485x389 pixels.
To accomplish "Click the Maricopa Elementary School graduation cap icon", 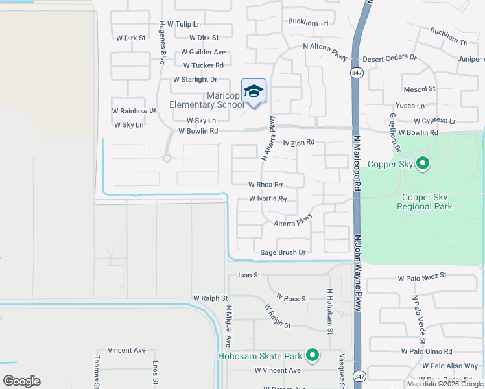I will pos(254,91).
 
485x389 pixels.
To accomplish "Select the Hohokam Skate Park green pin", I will pos(313,355).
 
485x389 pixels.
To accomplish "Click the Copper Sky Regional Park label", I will pos(426,202).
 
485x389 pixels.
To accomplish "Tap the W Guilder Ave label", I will pos(203,52).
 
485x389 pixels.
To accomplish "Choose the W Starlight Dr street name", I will pos(195,80).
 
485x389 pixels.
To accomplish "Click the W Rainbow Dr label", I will pos(134,111).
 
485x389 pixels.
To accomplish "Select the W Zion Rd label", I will pos(298,142).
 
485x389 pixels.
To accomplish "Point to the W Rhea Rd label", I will pos(266,185).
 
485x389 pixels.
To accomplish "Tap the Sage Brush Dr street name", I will pos(282,252).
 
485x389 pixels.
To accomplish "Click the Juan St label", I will pos(248,276).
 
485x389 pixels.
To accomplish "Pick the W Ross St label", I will pos(292,298).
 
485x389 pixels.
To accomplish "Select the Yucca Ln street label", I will pos(412,106).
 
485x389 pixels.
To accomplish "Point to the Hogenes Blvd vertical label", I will pos(162,43).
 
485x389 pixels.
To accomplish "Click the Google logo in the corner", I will pos(21,381).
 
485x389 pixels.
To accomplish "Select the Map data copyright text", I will pos(444,384).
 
